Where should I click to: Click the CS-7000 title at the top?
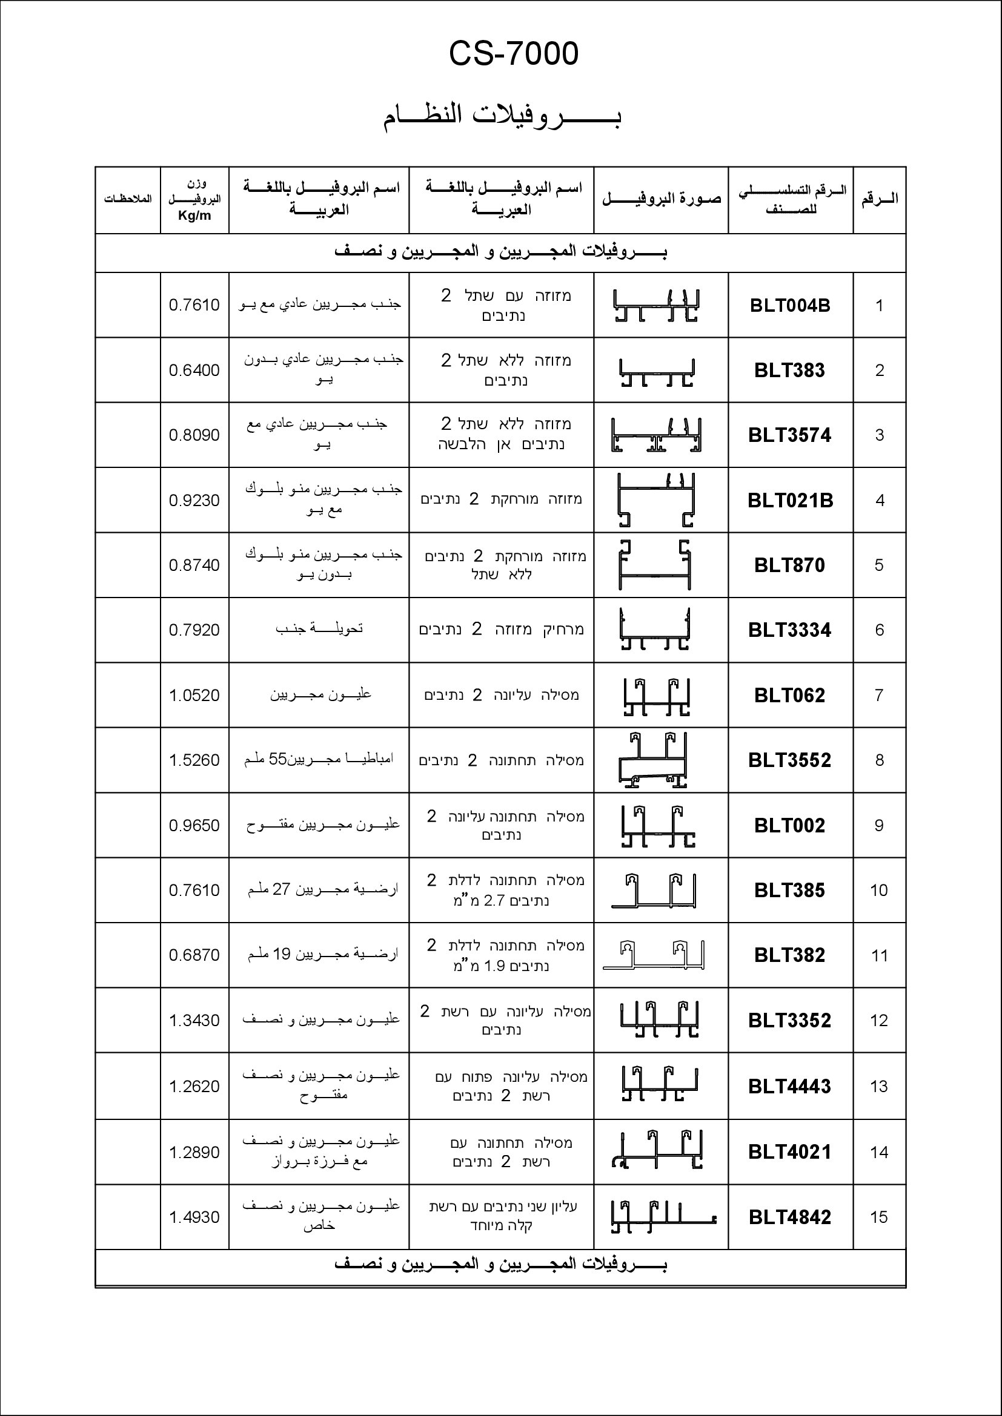pyautogui.click(x=513, y=54)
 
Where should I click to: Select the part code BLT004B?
pyautogui.click(x=790, y=305)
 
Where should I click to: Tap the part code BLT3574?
pyautogui.click(x=790, y=435)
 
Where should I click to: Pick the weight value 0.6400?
pyautogui.click(x=194, y=370)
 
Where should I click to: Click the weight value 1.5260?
pyautogui.click(x=194, y=760)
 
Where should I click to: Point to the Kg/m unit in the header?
pyautogui.click(x=194, y=216)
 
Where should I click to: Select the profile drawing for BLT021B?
pyautogui.click(x=657, y=499)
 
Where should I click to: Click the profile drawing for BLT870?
pyautogui.click(x=655, y=565)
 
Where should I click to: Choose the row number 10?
pyautogui.click(x=878, y=890)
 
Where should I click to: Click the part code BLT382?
pyautogui.click(x=790, y=955)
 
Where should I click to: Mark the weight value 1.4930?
pyautogui.click(x=194, y=1217)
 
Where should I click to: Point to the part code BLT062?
pyautogui.click(x=790, y=695)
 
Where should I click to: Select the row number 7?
pyautogui.click(x=879, y=695)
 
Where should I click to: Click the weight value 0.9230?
pyautogui.click(x=194, y=500)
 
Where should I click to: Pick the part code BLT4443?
pyautogui.click(x=790, y=1086)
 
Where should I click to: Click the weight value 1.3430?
pyautogui.click(x=194, y=1020)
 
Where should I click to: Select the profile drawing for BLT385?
pyautogui.click(x=655, y=891)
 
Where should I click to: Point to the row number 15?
pyautogui.click(x=878, y=1217)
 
